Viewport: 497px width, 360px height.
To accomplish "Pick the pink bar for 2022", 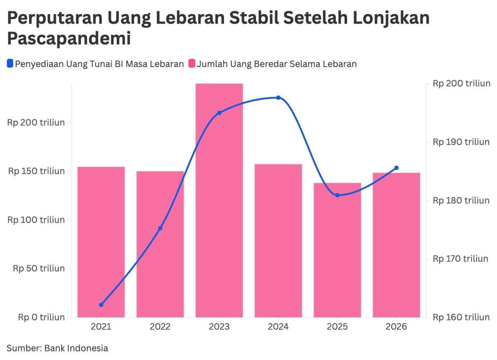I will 160,244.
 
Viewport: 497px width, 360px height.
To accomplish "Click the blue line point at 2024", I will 278,98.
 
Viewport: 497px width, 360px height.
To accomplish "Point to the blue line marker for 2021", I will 101,305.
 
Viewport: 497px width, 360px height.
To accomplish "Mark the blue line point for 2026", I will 396,168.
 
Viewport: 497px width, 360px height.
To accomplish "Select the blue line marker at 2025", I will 337,195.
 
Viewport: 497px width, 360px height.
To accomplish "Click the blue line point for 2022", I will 160,228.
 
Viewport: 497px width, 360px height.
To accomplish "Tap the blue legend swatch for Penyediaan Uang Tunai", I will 10,64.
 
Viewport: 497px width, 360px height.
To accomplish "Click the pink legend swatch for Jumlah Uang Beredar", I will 192,64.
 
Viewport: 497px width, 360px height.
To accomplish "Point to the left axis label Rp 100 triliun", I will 36,220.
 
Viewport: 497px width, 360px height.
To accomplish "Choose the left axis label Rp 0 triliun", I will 41,317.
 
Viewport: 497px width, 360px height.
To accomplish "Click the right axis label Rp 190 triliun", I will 461,142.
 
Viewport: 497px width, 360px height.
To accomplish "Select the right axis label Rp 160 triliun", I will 461,317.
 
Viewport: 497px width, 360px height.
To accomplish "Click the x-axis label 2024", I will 278,327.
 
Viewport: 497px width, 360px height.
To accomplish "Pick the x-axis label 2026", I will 396,327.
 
